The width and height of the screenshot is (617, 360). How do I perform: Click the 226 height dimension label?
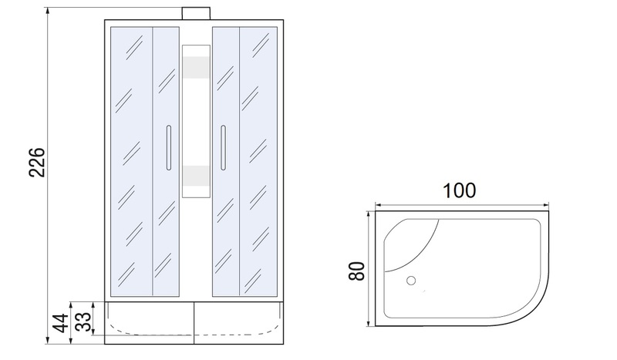click(37, 162)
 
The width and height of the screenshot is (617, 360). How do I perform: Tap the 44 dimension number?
click(61, 323)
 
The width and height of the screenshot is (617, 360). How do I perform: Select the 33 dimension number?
click(83, 321)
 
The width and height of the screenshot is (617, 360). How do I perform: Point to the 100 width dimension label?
click(459, 190)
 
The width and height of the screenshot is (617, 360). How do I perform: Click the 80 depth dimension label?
click(357, 271)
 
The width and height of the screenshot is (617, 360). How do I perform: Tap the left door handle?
click(169, 148)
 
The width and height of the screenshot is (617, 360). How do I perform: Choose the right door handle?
click(223, 148)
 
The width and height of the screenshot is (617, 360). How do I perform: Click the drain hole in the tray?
click(411, 281)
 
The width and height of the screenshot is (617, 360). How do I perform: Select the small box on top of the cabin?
click(196, 13)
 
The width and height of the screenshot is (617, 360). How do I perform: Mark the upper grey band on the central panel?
click(196, 67)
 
